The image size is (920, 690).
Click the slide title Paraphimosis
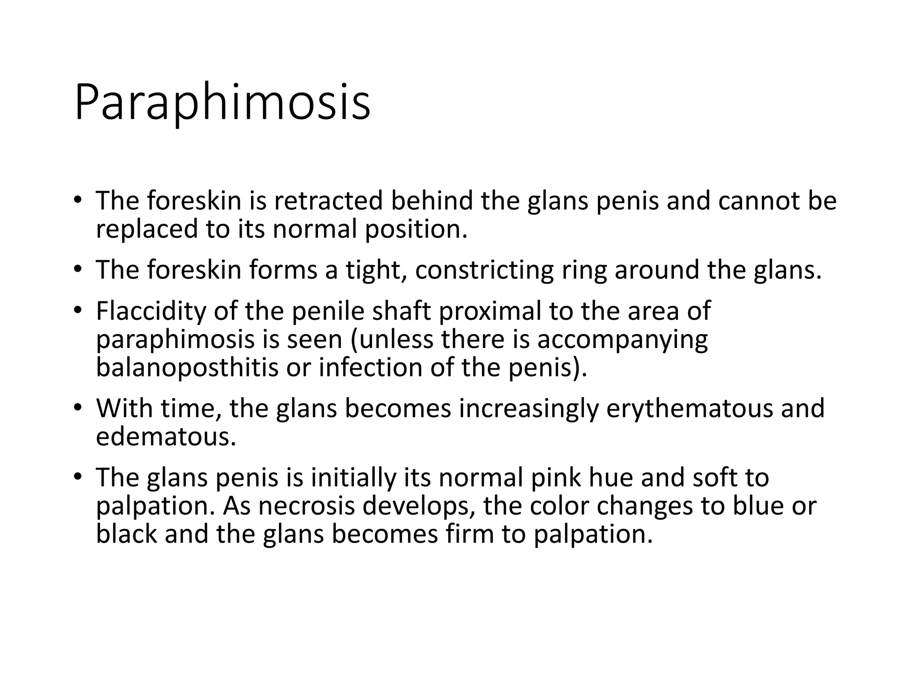222,102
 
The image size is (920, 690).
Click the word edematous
166,437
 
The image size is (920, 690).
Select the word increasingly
529,408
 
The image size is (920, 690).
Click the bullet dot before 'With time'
78,407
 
